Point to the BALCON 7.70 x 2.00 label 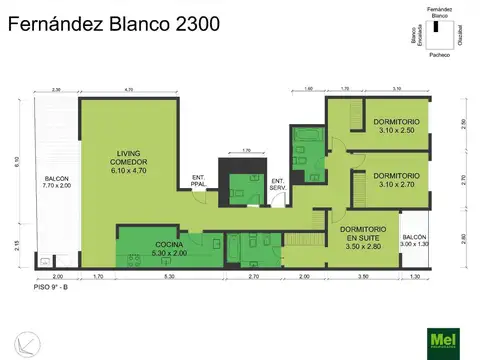point(56,181)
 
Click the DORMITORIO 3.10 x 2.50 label point(398,125)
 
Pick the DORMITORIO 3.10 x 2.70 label point(398,180)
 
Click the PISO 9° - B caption point(52,287)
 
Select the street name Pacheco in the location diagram point(439,56)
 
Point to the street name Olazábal point(460,35)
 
